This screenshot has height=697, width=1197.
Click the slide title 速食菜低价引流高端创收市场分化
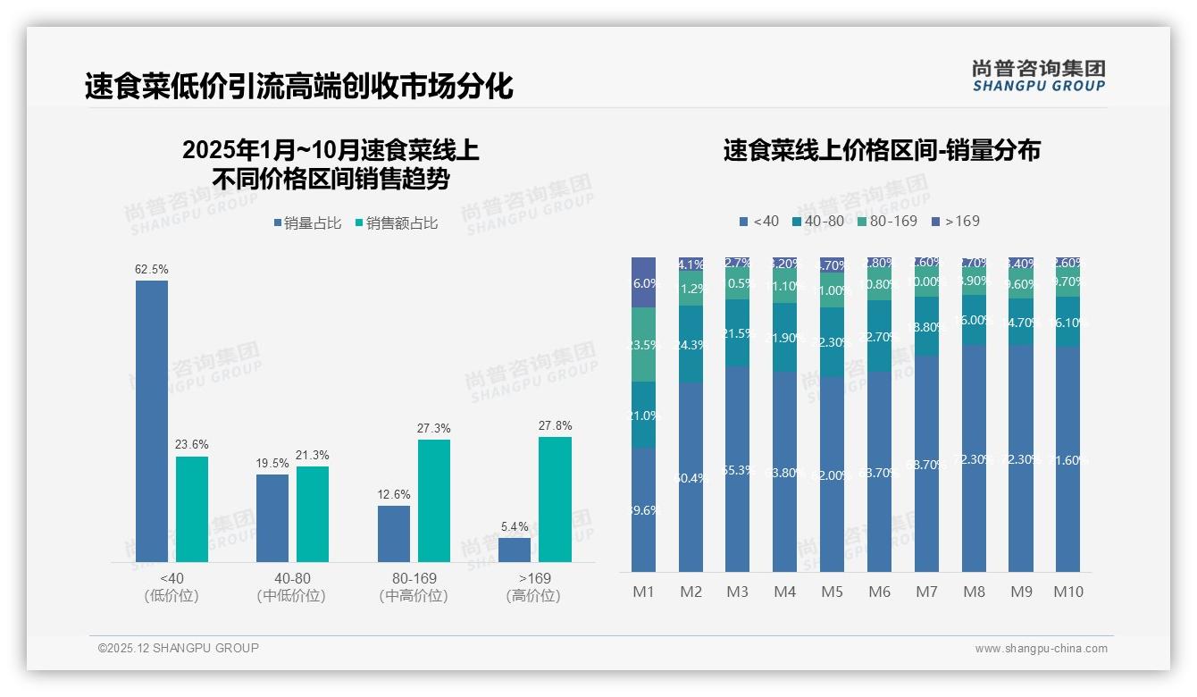click(x=298, y=87)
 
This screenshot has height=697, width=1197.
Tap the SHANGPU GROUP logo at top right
click(x=1038, y=76)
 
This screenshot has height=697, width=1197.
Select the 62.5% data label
click(x=152, y=269)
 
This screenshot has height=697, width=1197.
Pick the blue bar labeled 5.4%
click(x=515, y=550)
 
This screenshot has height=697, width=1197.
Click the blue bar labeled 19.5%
click(x=272, y=517)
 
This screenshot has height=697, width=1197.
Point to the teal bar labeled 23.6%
click(x=192, y=508)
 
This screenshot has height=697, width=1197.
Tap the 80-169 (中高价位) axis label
click(x=414, y=587)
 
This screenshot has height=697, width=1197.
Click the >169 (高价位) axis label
click(x=534, y=587)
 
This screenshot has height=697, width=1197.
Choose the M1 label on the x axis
click(x=644, y=592)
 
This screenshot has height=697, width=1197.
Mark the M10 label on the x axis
click(x=1068, y=592)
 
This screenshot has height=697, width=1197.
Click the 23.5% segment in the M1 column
click(x=644, y=345)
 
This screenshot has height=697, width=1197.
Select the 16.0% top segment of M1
click(x=644, y=282)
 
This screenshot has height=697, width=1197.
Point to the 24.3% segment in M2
click(x=691, y=345)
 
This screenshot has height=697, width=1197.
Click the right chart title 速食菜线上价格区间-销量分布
click(x=882, y=150)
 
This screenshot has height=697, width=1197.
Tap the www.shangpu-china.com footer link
click(x=1041, y=649)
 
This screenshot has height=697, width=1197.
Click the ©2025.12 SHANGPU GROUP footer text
click(x=179, y=648)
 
